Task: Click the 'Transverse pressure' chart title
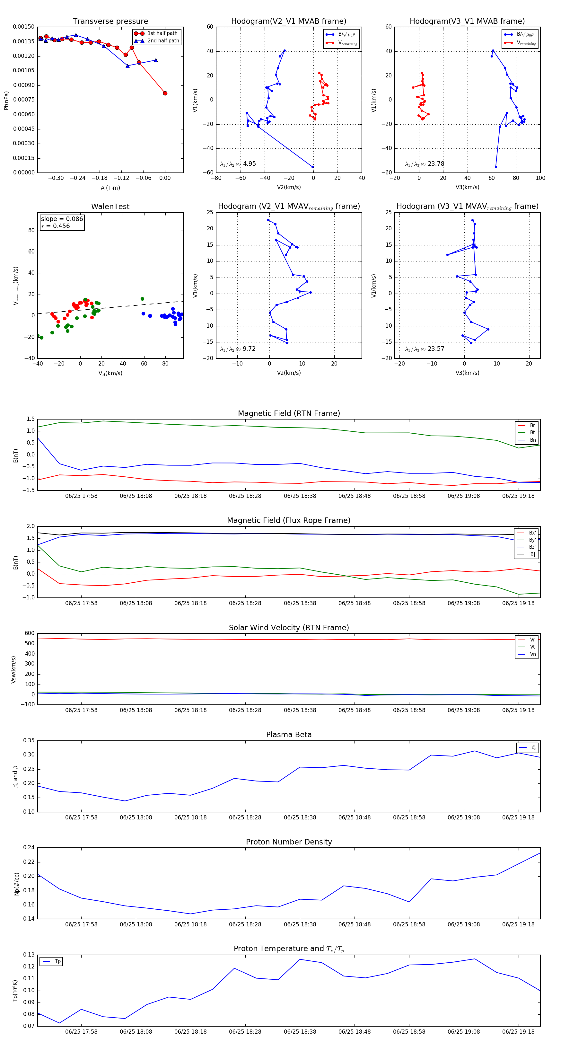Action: (110, 22)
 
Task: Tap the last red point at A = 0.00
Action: (165, 93)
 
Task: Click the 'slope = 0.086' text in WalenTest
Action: (62, 219)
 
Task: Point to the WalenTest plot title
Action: (110, 207)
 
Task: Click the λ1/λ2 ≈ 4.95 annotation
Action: (238, 164)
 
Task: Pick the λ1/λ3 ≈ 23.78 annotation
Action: (425, 164)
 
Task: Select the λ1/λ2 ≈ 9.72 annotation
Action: (238, 349)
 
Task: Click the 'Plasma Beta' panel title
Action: (289, 735)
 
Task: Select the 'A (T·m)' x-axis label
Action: (110, 188)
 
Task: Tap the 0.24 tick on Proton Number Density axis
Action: (29, 848)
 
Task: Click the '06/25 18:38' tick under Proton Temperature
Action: (300, 1032)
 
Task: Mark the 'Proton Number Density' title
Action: (289, 842)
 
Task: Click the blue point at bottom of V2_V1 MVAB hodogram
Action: (313, 167)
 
